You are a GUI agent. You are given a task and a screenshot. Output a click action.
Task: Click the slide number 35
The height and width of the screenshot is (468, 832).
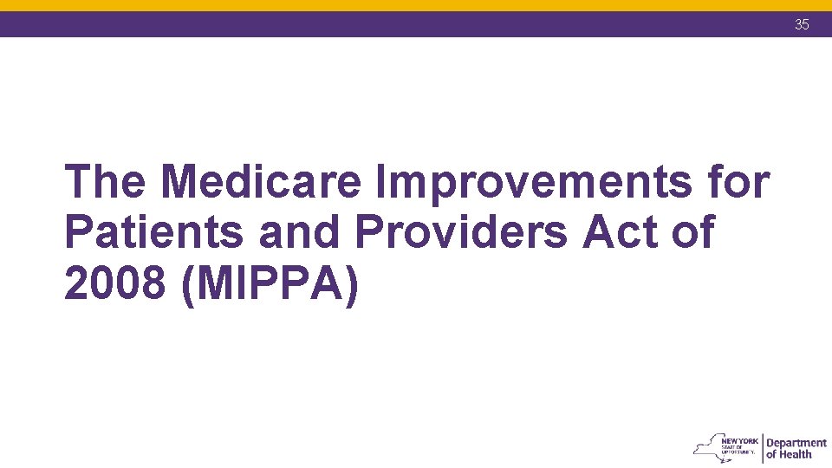802,24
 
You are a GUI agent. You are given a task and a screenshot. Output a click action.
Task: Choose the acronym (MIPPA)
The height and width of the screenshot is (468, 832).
270,283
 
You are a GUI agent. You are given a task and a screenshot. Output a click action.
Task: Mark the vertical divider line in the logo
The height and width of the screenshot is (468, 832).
762,448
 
